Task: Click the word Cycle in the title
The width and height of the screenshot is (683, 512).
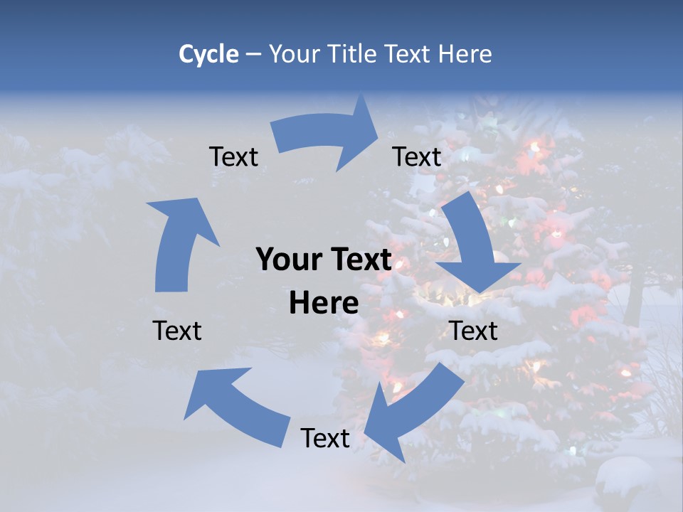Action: [x=208, y=54]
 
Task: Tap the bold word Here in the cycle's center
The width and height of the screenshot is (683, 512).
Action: [x=324, y=303]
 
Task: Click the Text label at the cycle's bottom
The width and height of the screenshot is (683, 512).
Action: [x=325, y=438]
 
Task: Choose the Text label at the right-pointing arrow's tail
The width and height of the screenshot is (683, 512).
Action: [x=233, y=156]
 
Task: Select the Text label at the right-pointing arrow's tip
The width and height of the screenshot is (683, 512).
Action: [x=417, y=156]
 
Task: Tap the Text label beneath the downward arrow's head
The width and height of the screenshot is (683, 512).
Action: [x=473, y=331]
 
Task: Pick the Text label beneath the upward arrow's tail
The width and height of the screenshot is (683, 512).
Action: [x=177, y=331]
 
